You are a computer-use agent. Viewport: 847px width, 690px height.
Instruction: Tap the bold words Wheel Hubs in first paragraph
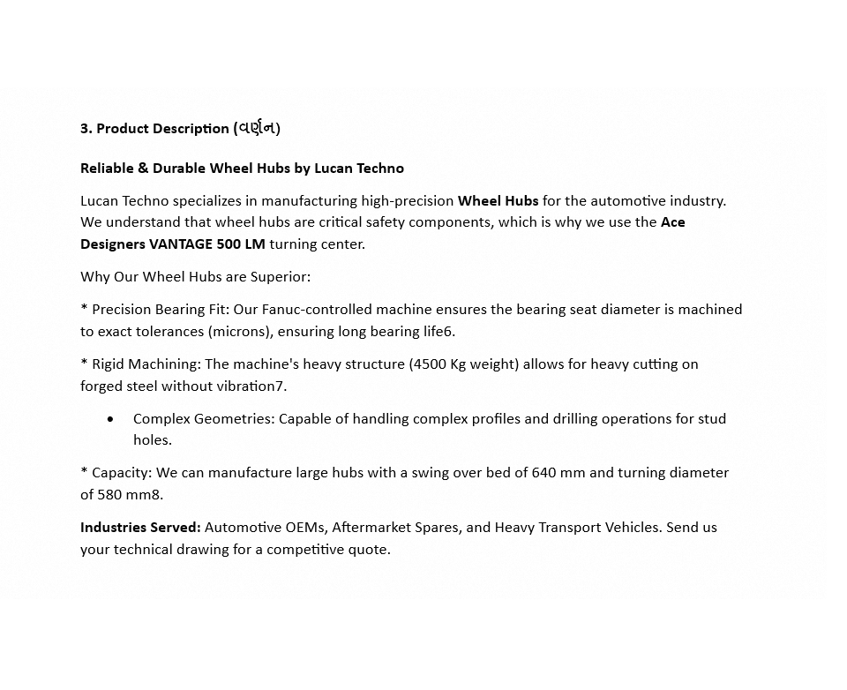498,201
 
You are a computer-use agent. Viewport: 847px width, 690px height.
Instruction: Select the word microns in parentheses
238,332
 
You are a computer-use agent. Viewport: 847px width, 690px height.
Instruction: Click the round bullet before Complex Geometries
110,419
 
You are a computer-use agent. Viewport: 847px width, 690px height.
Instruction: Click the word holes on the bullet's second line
152,440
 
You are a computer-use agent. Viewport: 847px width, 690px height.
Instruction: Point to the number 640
544,473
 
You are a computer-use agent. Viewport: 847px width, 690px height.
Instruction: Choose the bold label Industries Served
140,528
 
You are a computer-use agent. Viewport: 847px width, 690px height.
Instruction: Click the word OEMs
305,528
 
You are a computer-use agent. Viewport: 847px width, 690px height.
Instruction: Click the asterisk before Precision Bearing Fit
84,309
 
